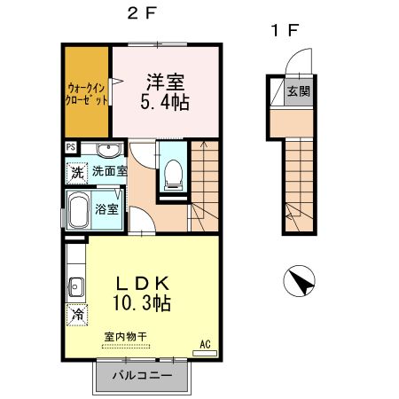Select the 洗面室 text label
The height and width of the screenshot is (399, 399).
pos(110,171)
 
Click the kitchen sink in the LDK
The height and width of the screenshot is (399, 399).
pos(74,286)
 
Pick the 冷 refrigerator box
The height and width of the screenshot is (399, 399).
pos(77,314)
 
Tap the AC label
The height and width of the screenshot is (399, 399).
pos(204,343)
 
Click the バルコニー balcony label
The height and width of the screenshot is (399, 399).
pos(142,376)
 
